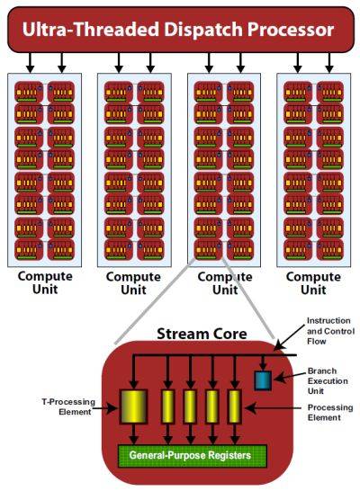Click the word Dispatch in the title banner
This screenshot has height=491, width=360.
(x=203, y=31)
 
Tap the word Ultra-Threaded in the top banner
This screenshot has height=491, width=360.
(x=91, y=30)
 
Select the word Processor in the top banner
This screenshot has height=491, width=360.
(x=291, y=30)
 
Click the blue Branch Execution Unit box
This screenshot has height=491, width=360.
(x=263, y=380)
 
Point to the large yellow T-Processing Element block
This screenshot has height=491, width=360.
(x=133, y=406)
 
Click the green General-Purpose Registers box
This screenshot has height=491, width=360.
(x=192, y=456)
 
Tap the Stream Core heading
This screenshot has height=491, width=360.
(x=202, y=334)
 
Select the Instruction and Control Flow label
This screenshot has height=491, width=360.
(x=330, y=331)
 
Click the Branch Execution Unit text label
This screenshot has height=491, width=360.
(x=328, y=380)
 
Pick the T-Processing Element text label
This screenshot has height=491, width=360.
(x=68, y=406)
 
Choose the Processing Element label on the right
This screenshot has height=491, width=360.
(x=330, y=413)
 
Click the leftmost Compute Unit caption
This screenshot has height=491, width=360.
(x=45, y=282)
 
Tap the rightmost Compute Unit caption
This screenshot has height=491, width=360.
(x=313, y=283)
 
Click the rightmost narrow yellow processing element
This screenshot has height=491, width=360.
(x=234, y=406)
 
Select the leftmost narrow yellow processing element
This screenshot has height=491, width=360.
(x=168, y=406)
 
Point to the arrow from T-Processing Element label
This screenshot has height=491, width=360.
(x=105, y=408)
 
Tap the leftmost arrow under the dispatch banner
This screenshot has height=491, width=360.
(x=30, y=63)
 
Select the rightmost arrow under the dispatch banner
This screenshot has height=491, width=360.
(x=329, y=63)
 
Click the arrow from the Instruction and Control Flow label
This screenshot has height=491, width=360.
(x=289, y=337)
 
